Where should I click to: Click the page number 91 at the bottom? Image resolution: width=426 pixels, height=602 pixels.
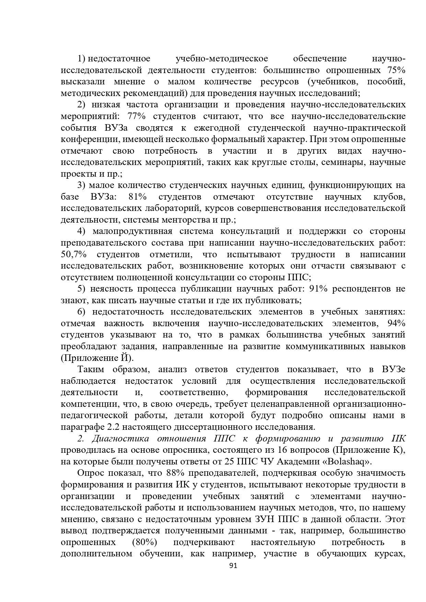[233, 576]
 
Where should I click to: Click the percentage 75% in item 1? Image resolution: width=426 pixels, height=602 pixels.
[396, 70]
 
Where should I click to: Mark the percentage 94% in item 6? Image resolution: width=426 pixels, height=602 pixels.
[396, 323]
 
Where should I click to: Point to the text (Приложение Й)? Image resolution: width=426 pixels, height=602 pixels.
[97, 358]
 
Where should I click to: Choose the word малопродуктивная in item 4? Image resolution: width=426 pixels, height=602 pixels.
[132, 232]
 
